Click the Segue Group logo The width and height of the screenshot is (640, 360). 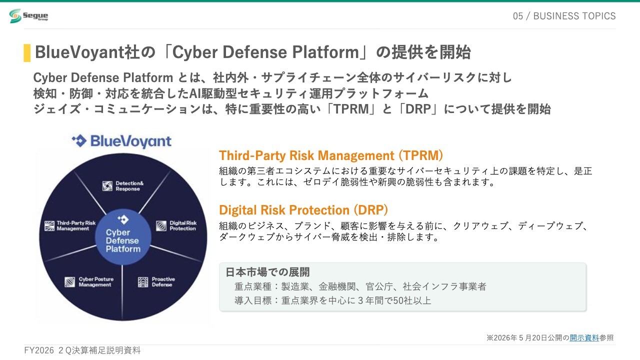click(28, 15)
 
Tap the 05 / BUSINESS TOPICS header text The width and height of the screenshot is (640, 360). click(564, 16)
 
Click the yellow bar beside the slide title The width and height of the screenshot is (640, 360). click(27, 53)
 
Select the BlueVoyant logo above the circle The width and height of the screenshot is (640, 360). click(121, 141)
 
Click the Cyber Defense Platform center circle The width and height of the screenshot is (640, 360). click(123, 237)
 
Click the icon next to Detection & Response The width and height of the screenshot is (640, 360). click(107, 186)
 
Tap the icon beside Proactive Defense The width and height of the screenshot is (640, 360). click(143, 282)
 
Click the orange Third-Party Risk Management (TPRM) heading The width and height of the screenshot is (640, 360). click(331, 155)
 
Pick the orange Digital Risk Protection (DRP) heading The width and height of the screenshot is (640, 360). click(303, 210)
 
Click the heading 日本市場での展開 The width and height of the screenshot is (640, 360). click(267, 272)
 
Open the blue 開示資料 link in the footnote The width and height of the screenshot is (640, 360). click(584, 338)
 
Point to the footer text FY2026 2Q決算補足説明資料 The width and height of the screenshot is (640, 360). click(82, 350)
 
